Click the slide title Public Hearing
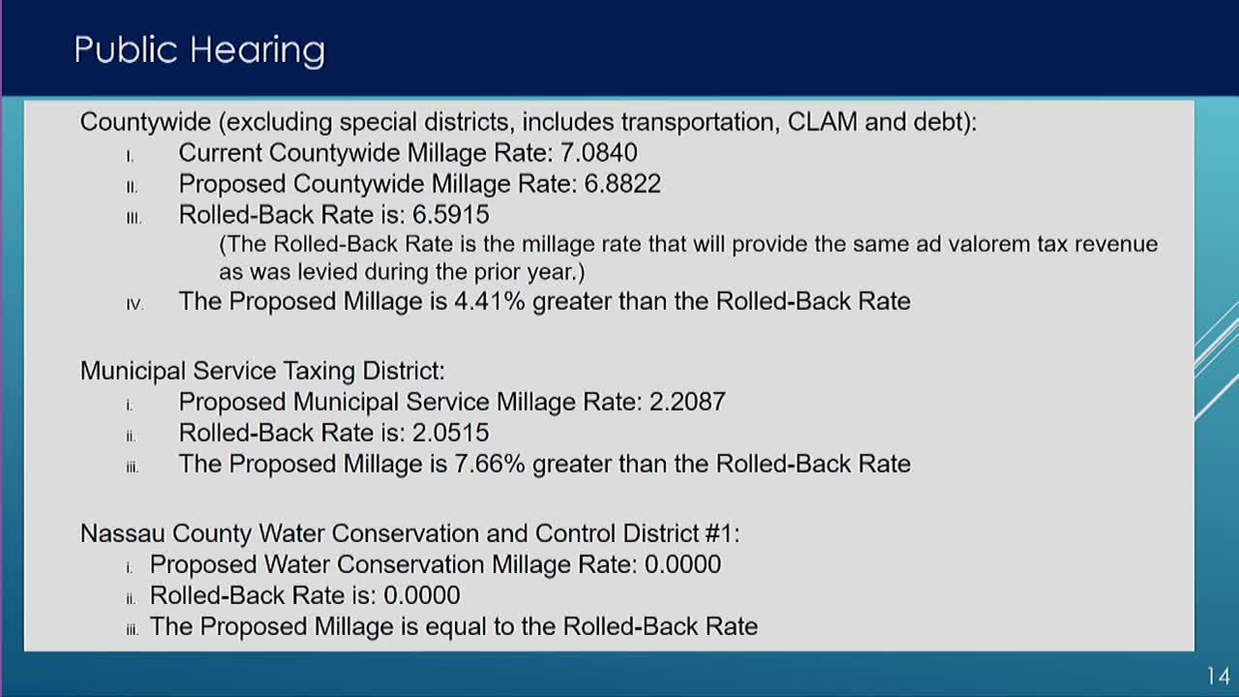coord(199,50)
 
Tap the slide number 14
coord(1218,676)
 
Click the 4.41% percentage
coord(490,301)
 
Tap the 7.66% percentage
coord(490,464)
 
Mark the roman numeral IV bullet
coord(135,304)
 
